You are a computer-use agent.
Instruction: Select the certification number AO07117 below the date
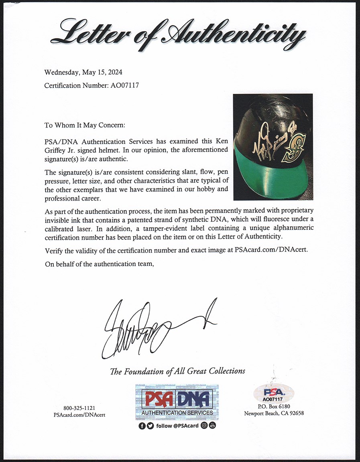[92, 85]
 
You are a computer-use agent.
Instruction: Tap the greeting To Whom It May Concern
[85, 125]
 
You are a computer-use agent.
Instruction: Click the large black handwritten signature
[153, 329]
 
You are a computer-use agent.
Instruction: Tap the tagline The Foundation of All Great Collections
[177, 371]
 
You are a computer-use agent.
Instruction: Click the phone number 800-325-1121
[79, 407]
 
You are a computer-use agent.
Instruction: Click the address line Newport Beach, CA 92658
[274, 413]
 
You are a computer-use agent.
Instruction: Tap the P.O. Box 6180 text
[274, 407]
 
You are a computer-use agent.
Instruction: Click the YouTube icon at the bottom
[212, 426]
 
